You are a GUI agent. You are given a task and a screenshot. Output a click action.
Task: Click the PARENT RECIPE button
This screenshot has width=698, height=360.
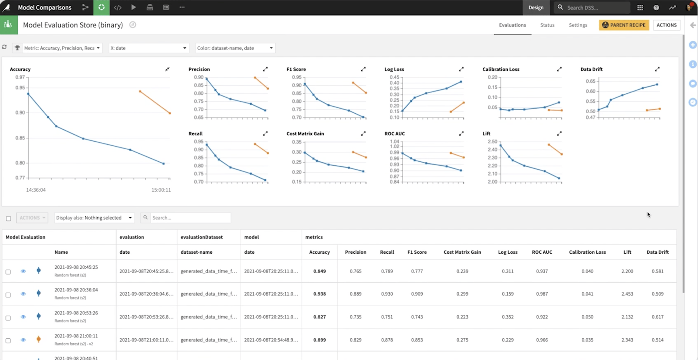(x=624, y=25)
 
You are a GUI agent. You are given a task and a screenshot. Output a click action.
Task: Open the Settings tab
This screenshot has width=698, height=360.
(x=578, y=25)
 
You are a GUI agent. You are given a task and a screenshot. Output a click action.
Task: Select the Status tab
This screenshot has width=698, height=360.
(x=547, y=25)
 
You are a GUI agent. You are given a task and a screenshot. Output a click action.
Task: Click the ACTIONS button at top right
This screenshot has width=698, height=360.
(x=666, y=25)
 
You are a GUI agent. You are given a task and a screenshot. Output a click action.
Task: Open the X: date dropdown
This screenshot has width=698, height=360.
(x=149, y=48)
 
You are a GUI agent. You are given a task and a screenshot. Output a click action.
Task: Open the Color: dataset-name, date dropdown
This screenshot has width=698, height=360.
(x=235, y=48)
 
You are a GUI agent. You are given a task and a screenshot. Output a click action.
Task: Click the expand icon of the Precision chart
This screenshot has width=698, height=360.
(x=265, y=69)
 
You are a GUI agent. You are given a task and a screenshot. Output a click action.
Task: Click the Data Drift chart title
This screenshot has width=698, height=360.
(x=591, y=69)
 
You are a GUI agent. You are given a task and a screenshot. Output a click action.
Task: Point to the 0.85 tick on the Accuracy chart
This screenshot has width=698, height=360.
(x=20, y=138)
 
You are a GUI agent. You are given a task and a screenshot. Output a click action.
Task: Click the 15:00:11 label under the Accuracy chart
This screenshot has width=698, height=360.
(x=161, y=190)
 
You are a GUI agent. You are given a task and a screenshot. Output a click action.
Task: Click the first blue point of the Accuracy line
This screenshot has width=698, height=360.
(x=28, y=94)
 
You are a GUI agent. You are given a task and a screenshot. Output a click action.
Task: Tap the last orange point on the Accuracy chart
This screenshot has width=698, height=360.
(x=170, y=113)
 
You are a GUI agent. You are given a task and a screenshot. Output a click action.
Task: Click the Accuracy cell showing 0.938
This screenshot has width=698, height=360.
(x=319, y=294)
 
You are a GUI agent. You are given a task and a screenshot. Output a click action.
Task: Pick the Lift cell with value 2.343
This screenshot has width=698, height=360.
(x=627, y=340)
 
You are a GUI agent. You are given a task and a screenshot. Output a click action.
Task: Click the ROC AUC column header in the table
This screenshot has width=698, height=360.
(x=542, y=252)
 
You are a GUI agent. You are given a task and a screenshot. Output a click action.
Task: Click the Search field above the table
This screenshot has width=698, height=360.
(x=190, y=218)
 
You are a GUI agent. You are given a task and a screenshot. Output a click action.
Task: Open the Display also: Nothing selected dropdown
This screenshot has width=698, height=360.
(x=94, y=218)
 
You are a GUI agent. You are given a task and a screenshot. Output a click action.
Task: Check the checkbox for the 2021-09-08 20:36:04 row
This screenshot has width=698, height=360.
(x=8, y=295)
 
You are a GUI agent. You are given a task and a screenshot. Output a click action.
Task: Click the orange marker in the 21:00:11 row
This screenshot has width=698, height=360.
(x=38, y=339)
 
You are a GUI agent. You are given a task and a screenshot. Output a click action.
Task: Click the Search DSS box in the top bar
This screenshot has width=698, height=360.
(x=593, y=7)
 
